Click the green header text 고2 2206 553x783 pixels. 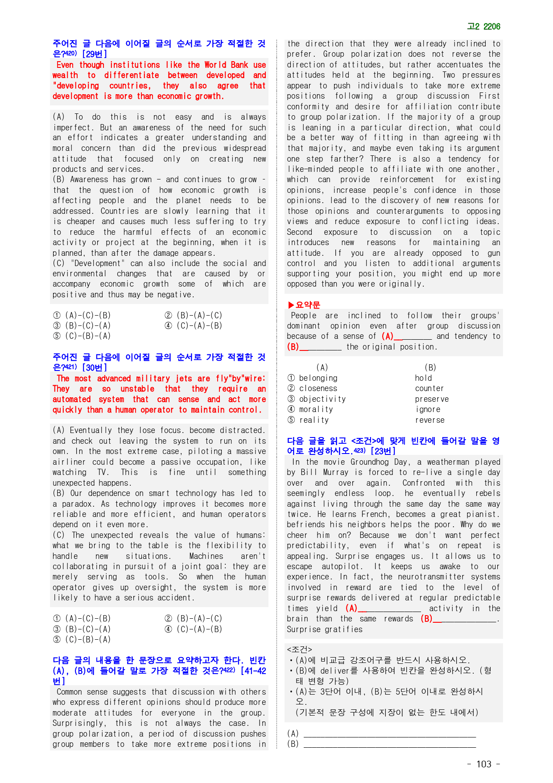(483, 27)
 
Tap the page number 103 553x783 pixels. (484, 764)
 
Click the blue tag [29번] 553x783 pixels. (94, 54)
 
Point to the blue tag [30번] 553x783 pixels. (94, 367)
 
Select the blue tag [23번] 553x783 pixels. (383, 451)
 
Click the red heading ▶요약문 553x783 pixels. (304, 305)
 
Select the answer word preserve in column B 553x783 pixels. (431, 399)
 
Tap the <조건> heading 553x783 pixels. (299, 649)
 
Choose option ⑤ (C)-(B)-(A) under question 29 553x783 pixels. (82, 336)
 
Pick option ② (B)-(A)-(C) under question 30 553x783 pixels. (194, 619)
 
